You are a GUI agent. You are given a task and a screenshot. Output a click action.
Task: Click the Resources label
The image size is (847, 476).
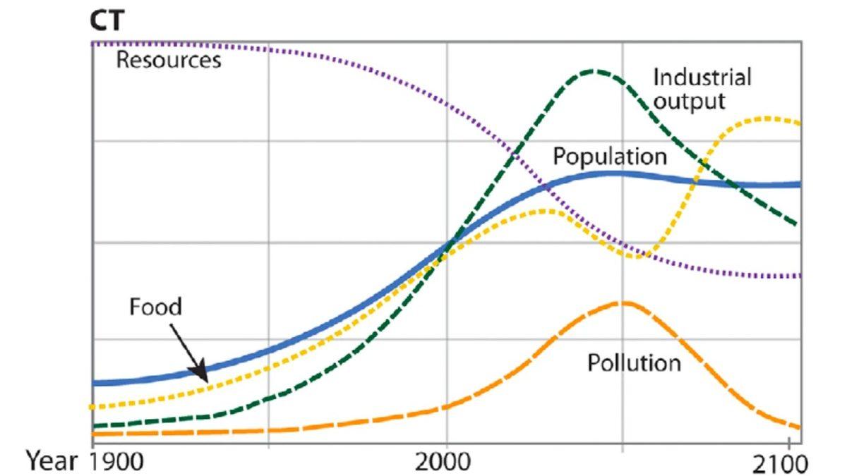tap(168, 60)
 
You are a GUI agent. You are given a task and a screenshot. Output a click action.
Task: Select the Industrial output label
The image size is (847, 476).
tap(702, 88)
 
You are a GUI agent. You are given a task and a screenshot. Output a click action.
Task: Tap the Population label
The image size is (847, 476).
tap(609, 156)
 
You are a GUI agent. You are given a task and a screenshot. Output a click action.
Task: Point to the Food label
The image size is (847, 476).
tap(156, 307)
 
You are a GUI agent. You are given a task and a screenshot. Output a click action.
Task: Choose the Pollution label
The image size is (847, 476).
tap(634, 363)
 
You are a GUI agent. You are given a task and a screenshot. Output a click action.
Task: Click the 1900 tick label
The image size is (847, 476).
tap(116, 463)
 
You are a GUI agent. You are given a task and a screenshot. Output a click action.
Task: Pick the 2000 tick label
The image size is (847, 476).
tap(446, 463)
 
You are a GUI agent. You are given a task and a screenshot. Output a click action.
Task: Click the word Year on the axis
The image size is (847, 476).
tap(51, 462)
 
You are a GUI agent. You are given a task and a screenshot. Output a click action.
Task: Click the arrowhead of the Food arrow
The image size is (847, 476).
tap(201, 376)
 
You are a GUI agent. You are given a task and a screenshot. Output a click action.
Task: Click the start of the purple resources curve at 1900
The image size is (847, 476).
tap(94, 44)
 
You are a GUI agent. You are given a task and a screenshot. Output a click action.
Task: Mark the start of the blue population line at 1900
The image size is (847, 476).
tap(95, 383)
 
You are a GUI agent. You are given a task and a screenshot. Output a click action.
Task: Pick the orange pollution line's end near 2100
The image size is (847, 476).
tap(798, 427)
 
